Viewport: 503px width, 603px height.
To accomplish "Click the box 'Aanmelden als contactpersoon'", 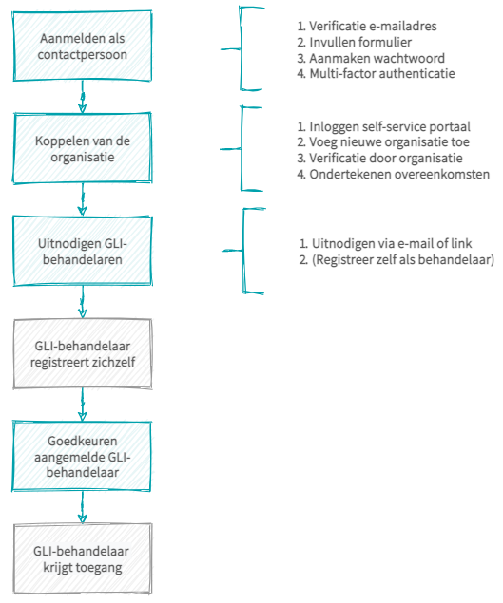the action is (x=82, y=47).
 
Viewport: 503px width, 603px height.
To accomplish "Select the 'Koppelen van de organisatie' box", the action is (x=82, y=148).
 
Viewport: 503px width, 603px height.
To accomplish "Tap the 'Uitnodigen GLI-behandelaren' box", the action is (x=82, y=251).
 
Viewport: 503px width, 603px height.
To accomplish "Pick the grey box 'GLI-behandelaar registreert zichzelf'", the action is (x=82, y=354).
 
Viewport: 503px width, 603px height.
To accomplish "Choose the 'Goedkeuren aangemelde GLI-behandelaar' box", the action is (x=81, y=456).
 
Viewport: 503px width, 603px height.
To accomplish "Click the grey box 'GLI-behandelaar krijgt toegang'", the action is (x=82, y=558).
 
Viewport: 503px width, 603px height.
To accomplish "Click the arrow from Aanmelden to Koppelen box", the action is (x=82, y=97).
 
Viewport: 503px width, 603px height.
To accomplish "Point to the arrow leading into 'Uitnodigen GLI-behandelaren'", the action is (x=82, y=199).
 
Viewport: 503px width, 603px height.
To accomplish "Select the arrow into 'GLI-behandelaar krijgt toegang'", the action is (x=82, y=507).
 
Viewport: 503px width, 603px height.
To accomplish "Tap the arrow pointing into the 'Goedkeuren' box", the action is (x=82, y=405).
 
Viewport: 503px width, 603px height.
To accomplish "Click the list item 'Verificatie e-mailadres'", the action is (x=367, y=27).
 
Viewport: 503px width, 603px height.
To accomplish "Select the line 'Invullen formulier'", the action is (x=355, y=42).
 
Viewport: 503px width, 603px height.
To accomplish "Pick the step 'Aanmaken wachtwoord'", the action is (x=371, y=58).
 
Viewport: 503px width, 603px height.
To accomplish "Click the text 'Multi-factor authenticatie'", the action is (x=376, y=73).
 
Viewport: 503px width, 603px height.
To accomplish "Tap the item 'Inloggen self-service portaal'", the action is (x=383, y=126).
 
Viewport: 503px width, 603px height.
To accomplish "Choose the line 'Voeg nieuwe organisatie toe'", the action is (x=383, y=141).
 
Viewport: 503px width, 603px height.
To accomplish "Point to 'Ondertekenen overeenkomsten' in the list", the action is (x=394, y=174).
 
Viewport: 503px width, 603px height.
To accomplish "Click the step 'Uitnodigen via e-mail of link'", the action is (x=385, y=243).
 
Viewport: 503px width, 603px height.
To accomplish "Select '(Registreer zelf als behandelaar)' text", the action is (x=397, y=259).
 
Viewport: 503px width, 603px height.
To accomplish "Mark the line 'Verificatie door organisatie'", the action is (x=379, y=158).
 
